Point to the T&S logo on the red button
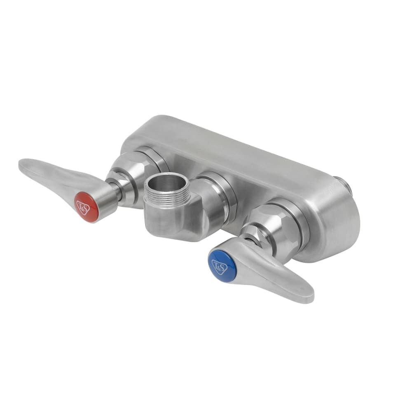[84, 206]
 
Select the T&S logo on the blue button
[219, 266]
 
